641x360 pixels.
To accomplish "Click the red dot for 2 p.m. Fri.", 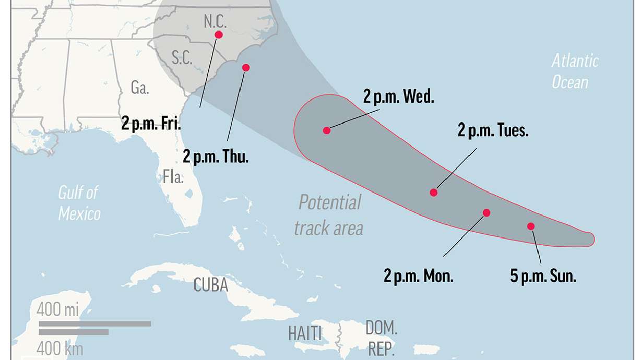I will (219, 35).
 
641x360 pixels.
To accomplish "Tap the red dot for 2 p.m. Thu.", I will (246, 67).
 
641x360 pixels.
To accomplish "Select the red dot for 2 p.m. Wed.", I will (327, 130).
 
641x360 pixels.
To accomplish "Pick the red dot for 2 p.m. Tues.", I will (434, 193).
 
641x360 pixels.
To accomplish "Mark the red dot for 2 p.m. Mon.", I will (486, 213).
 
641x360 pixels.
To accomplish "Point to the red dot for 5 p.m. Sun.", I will (531, 226).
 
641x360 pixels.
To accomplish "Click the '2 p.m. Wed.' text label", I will (399, 98).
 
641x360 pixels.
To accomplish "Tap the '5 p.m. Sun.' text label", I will (543, 276).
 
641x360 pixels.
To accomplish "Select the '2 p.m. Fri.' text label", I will (151, 124).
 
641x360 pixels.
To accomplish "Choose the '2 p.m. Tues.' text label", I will (493, 130).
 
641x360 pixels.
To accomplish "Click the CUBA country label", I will (211, 285).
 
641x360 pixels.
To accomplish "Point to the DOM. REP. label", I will (382, 339).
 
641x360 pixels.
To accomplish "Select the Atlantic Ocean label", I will (575, 71).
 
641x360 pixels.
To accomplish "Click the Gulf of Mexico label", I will (79, 203).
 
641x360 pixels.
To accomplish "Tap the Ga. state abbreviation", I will (140, 88).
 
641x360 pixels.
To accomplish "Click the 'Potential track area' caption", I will (329, 215).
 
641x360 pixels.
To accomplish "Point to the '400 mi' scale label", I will (57, 310).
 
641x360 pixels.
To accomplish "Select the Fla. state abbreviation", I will (173, 177).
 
